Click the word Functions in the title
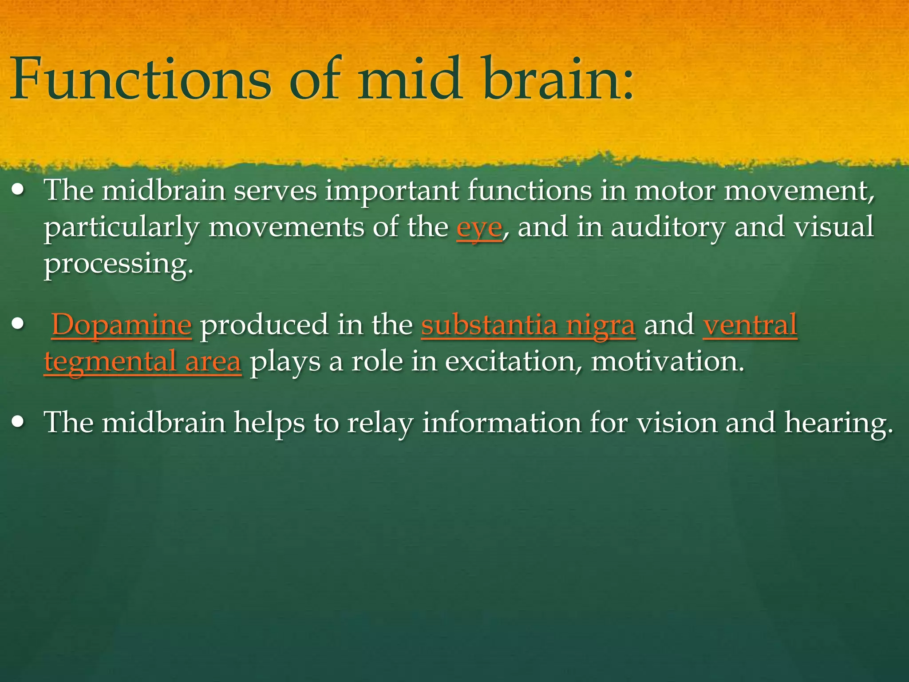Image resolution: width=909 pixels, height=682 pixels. (x=140, y=80)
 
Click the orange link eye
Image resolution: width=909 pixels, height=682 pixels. (x=479, y=228)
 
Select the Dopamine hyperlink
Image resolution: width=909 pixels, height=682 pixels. (x=122, y=325)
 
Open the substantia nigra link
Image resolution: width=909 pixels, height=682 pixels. (x=528, y=325)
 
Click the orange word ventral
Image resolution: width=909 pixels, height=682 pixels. (x=750, y=325)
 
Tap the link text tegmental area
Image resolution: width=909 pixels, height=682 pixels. (x=142, y=361)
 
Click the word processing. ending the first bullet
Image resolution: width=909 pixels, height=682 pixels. (x=119, y=265)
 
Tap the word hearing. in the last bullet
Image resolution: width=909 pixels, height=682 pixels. (x=838, y=423)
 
